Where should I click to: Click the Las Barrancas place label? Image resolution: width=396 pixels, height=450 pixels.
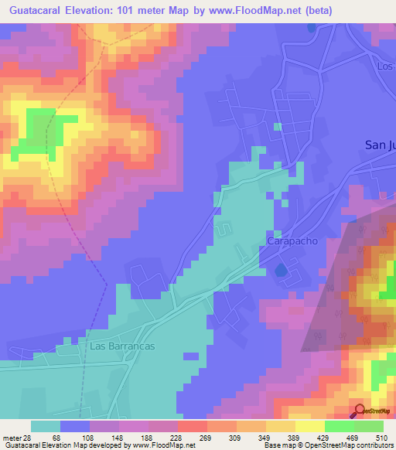[x=121, y=346]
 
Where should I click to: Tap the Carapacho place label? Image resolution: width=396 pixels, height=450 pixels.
[x=292, y=241]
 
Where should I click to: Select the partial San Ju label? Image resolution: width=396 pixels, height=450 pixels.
[x=379, y=145]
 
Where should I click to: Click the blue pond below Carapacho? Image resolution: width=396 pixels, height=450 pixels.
[x=280, y=271]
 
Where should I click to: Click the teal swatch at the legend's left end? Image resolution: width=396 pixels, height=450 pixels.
[x=46, y=426]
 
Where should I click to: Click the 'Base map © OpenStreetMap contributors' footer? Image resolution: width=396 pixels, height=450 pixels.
[x=327, y=445]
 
